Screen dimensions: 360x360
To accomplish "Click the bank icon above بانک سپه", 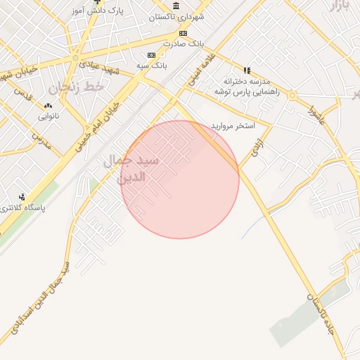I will (x=150, y=55).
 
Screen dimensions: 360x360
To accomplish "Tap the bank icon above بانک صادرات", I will (x=183, y=32).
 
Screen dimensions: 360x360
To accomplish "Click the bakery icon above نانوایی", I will (x=48, y=103).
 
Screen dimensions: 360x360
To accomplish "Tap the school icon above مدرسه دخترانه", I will (x=246, y=70).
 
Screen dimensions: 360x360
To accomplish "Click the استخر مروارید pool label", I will (x=232, y=127).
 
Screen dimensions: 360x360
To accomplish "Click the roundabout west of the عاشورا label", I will (x=292, y=95).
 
